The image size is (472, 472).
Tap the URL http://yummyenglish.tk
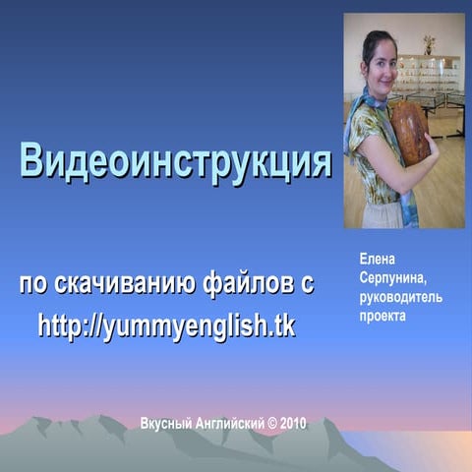pos(166,325)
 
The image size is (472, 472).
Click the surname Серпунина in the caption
pos(391,278)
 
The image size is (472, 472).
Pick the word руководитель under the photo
pos(401,298)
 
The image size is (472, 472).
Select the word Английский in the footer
pos(231,424)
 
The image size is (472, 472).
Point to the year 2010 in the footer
pos(293,424)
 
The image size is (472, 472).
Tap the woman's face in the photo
pos(380,60)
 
